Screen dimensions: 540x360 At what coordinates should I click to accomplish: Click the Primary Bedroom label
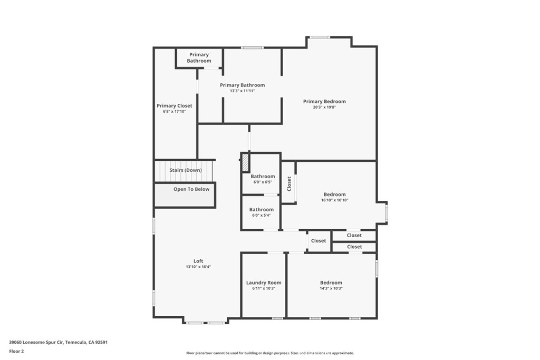324,102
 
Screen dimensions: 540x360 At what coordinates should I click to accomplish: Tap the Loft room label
198,261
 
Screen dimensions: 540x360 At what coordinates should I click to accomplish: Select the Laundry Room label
264,283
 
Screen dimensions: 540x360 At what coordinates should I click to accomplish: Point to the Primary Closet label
174,105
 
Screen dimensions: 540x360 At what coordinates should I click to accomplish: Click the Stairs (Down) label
186,170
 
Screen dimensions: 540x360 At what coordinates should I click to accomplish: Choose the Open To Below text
191,189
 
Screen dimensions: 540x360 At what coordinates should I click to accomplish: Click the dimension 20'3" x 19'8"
324,107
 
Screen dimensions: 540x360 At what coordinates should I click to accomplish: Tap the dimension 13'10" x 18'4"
198,267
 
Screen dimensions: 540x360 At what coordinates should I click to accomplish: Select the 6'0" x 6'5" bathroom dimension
263,182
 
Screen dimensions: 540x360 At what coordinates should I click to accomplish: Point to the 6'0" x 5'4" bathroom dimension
262,215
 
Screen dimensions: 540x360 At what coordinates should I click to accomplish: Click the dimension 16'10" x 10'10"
335,200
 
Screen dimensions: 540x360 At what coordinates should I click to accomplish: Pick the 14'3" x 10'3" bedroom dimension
331,288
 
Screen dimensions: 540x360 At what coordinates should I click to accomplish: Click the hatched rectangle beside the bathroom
245,162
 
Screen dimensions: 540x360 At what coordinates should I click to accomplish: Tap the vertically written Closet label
289,184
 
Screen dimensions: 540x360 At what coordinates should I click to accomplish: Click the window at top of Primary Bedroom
320,37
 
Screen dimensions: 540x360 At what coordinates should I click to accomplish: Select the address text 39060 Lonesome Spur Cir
36,343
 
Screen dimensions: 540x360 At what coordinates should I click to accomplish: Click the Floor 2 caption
16,352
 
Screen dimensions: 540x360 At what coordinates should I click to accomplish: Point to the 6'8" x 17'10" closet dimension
174,112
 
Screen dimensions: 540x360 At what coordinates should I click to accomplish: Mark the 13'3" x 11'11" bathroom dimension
243,91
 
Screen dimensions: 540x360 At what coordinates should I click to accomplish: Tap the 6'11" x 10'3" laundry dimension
264,288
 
